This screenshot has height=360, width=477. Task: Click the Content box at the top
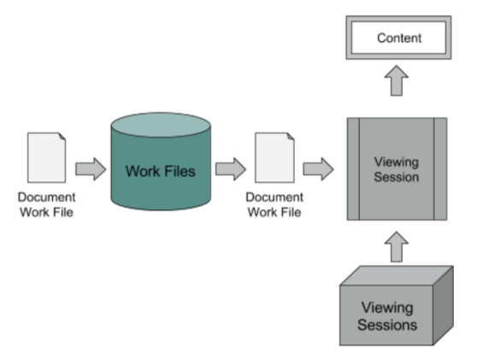[x=398, y=38]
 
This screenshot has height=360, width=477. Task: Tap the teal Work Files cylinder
[x=161, y=162]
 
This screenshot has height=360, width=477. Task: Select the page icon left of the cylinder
[x=46, y=157]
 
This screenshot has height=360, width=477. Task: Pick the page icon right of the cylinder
[x=274, y=157]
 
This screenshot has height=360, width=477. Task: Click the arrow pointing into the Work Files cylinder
[x=91, y=169]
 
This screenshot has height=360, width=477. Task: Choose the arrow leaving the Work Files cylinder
[x=231, y=169]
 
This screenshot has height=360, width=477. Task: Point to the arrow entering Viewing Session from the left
[x=318, y=169]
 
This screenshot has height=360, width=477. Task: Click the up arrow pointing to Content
[x=397, y=80]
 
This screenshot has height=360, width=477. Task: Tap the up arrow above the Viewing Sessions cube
[x=397, y=247]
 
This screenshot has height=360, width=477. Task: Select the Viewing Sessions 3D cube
[x=397, y=305]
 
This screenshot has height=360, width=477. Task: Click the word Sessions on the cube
[x=387, y=325]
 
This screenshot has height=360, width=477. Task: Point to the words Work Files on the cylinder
[x=161, y=171]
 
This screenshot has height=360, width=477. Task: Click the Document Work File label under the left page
[x=46, y=204]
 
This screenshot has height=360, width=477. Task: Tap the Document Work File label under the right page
[x=274, y=204]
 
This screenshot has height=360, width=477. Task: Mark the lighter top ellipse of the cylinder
[x=161, y=125]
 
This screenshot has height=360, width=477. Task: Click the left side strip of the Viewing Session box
[x=353, y=169]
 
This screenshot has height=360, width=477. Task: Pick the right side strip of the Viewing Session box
[x=440, y=169]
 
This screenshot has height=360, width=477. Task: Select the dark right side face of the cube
[x=443, y=305]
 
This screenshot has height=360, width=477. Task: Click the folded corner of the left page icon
[x=62, y=136]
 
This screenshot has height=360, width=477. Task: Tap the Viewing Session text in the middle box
[x=397, y=169]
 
